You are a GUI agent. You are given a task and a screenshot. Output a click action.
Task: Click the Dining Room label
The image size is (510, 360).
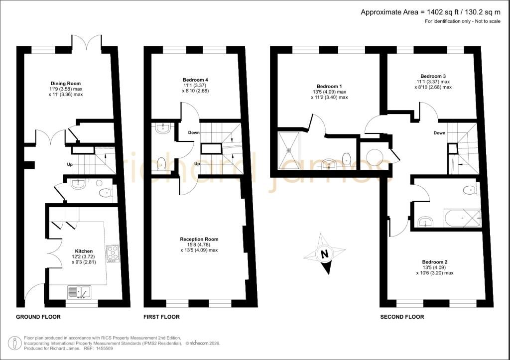(x=66, y=84)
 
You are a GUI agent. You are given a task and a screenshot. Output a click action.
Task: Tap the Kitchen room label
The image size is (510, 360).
(x=84, y=251)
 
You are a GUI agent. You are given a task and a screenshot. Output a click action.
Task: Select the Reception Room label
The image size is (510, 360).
(x=199, y=239)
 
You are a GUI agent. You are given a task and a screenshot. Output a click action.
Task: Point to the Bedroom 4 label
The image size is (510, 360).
(x=195, y=80)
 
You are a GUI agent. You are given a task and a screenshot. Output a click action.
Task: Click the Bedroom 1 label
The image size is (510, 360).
(x=330, y=86)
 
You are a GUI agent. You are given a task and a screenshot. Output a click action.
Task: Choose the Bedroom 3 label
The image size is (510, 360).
(x=433, y=76)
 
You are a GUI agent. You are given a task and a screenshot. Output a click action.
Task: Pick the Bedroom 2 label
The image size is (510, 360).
(x=435, y=262)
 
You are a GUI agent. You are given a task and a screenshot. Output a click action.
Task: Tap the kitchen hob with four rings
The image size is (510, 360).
(x=113, y=253)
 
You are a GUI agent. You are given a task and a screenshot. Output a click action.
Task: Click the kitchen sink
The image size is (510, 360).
(x=80, y=292)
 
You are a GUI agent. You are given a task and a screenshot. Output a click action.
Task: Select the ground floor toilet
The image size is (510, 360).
(x=105, y=193)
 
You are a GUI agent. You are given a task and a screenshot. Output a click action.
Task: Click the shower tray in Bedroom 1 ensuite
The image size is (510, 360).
(x=288, y=150)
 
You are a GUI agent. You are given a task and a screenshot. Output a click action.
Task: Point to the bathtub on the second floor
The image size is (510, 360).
(x=462, y=219)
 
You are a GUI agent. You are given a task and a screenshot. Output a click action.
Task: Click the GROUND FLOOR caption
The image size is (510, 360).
(x=38, y=317)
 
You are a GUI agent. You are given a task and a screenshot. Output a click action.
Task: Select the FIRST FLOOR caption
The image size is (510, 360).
(x=162, y=317)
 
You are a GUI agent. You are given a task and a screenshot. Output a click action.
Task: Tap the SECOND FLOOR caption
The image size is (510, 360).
(x=402, y=317)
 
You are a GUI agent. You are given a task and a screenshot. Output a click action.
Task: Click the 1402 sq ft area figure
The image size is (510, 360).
(x=442, y=12)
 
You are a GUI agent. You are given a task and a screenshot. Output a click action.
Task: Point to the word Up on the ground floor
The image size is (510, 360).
(x=70, y=164)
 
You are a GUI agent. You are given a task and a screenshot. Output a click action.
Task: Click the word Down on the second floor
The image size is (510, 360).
(x=439, y=132)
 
